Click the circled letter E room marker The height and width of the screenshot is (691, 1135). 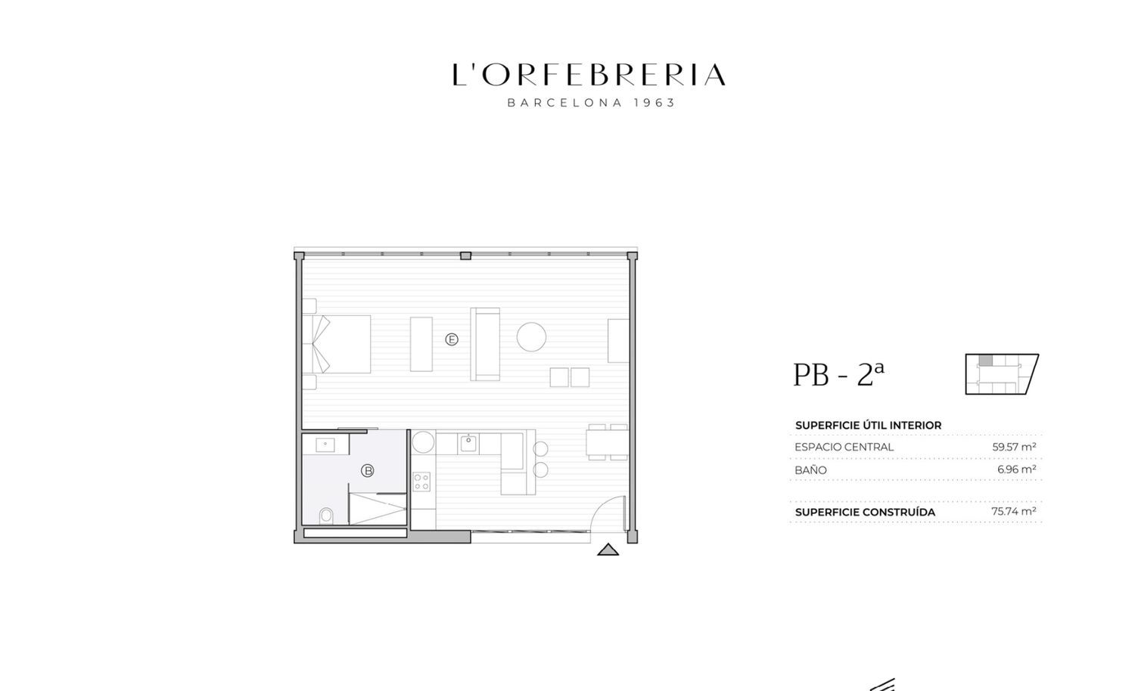point(452,339)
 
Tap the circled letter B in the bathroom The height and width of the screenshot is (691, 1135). point(367,471)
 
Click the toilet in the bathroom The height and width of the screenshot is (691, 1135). point(326,516)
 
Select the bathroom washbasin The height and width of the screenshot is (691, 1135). point(325,445)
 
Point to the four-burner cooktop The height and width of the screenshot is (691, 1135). point(421,482)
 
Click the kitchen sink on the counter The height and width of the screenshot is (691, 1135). point(468,444)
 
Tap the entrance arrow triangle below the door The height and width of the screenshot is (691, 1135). point(608,550)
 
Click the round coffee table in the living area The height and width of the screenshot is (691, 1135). point(531,336)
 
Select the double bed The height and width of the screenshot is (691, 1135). point(337,344)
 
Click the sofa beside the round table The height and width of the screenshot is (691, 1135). point(486,344)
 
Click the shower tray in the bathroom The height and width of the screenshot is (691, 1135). point(378,509)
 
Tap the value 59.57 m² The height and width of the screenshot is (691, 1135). point(1014,447)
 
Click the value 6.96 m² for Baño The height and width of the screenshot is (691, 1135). point(1016,469)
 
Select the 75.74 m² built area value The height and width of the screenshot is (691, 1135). point(1013,511)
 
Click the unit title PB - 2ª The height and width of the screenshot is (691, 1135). point(838,375)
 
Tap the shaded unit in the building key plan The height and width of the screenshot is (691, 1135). point(985,361)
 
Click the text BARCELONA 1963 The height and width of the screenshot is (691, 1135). point(591,103)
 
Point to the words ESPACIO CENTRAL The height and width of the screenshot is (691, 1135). point(844,447)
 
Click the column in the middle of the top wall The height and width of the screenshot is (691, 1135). point(465,256)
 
